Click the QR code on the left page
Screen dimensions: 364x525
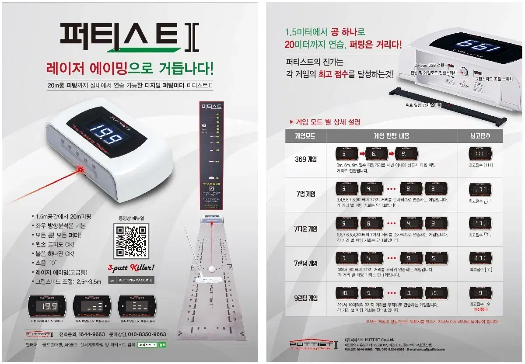point(131,240)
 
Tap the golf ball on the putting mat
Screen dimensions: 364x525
point(212,269)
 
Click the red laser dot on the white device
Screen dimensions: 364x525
point(80,168)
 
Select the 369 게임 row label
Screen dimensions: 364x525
point(306,159)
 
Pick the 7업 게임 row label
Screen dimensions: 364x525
point(306,194)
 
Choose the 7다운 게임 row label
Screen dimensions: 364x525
point(306,229)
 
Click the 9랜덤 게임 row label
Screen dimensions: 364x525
point(306,298)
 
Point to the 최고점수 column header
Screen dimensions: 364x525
point(480,136)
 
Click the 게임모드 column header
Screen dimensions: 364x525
point(306,136)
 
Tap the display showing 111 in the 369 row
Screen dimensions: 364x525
point(480,154)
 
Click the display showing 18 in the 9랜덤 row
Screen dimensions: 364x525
point(347,293)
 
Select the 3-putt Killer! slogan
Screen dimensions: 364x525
point(132,267)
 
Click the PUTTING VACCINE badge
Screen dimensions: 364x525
point(131,280)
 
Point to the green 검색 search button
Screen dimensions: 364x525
point(162,345)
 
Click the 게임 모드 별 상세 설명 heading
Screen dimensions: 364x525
point(328,122)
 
